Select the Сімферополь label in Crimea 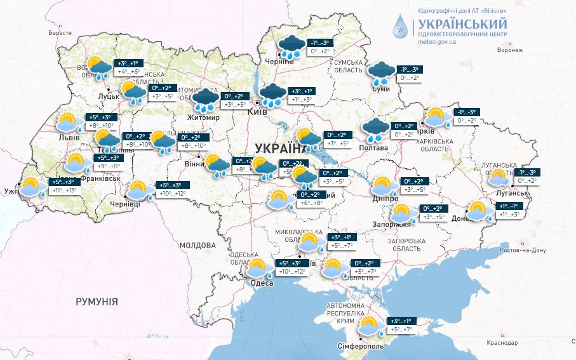coord(359,347)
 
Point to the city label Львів coord(68,137)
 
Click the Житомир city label coord(203,117)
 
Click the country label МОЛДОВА coord(198,244)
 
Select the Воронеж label coord(510,50)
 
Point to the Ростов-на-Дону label coord(523,250)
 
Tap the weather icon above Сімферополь coord(369,326)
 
